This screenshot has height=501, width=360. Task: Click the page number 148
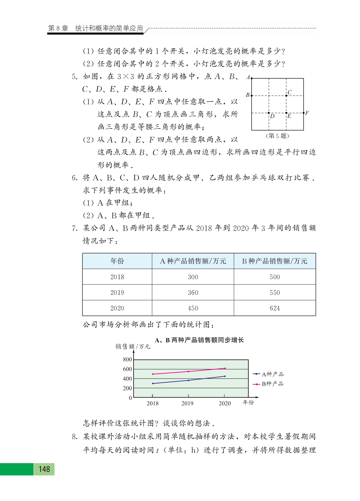pyautogui.click(x=44, y=469)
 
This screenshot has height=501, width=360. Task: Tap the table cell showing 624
pyautogui.click(x=275, y=308)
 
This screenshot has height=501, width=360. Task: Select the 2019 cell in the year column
pyautogui.click(x=117, y=293)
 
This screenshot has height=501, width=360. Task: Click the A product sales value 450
pyautogui.click(x=193, y=308)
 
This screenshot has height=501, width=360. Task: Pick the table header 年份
pyautogui.click(x=117, y=261)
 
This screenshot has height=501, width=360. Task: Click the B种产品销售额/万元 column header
pyautogui.click(x=275, y=261)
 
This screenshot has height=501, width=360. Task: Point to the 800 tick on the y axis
pyautogui.click(x=127, y=359)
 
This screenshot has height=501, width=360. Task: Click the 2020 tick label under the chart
pyautogui.click(x=225, y=403)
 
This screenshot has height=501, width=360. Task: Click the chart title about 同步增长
pyautogui.click(x=199, y=340)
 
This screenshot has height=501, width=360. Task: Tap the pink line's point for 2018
pyautogui.click(x=153, y=374)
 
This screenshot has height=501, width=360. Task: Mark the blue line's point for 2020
pyautogui.click(x=225, y=376)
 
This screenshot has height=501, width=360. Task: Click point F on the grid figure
pyautogui.click(x=303, y=113)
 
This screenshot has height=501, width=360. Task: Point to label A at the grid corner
pyautogui.click(x=248, y=77)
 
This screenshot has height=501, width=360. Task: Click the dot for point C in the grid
pyautogui.click(x=286, y=96)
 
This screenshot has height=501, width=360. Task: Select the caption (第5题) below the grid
pyautogui.click(x=277, y=136)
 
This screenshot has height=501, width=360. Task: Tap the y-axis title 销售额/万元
pyautogui.click(x=133, y=347)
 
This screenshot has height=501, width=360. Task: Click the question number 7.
pyautogui.click(x=74, y=228)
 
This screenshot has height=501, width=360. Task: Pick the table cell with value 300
pyautogui.click(x=193, y=277)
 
